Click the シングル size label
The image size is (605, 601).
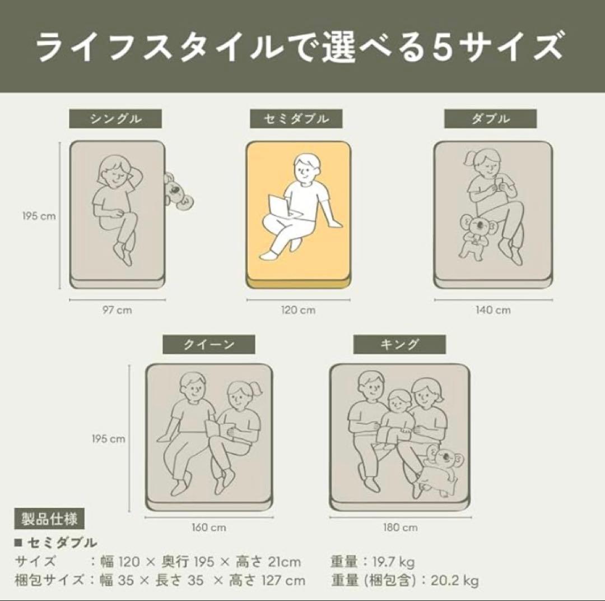(x=115, y=119)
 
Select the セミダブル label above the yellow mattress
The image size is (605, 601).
(x=296, y=119)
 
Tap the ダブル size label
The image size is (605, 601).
(x=490, y=119)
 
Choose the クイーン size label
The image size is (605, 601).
(x=209, y=344)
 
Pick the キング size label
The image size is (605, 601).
(x=399, y=344)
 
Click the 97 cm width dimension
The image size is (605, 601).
(x=117, y=310)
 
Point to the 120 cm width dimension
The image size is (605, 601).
(x=298, y=310)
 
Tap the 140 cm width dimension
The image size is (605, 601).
(x=493, y=310)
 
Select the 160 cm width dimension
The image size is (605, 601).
(x=209, y=527)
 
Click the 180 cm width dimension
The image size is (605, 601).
(x=400, y=527)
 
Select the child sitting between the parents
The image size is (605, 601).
(x=395, y=420)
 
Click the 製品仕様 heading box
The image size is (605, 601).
(x=49, y=519)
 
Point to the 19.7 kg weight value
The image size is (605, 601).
(x=394, y=562)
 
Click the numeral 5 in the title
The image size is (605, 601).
(x=442, y=48)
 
